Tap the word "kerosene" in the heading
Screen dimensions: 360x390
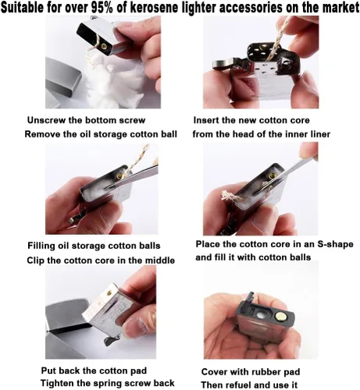pos(155,8)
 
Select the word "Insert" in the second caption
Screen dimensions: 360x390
pos(205,120)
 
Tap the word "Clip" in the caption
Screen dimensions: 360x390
pos(35,261)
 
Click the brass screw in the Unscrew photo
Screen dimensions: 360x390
pos(104,46)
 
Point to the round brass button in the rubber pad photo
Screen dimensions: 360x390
pos(281,317)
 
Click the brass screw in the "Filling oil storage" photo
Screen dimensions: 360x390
pos(120,175)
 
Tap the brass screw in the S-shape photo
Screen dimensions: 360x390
pos(273,175)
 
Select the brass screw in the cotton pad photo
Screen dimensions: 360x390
pos(109,293)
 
